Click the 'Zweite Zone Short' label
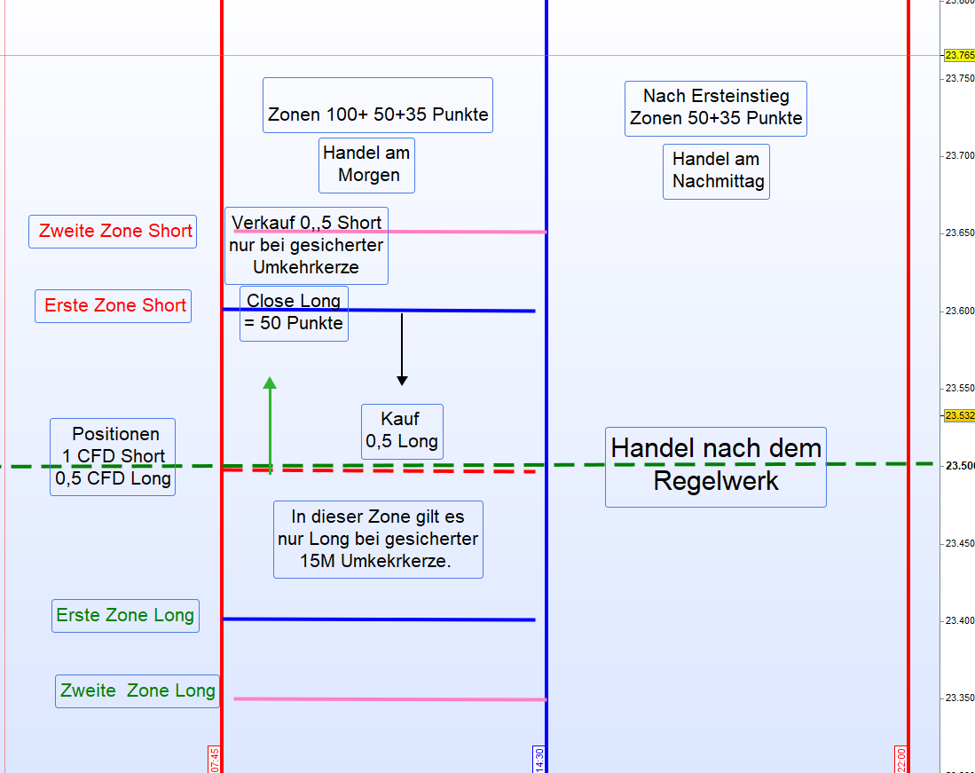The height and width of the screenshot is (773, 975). [x=113, y=232]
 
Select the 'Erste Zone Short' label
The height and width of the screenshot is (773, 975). [x=113, y=306]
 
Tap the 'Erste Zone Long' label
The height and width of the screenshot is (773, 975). [x=125, y=616]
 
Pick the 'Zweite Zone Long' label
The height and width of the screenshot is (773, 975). [x=138, y=691]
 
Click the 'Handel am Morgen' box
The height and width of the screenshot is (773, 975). [x=367, y=165]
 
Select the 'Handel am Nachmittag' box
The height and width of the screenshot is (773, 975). [x=716, y=171]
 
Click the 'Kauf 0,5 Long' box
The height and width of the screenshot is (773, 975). [x=402, y=431]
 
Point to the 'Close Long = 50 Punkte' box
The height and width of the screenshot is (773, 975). [x=294, y=313]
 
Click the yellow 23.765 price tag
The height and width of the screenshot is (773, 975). [x=959, y=55]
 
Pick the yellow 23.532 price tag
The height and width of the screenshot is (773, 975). [x=959, y=415]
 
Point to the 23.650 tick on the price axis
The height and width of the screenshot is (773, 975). [x=959, y=233]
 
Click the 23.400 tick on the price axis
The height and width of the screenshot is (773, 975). [x=959, y=620]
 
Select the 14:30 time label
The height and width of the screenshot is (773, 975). [x=539, y=759]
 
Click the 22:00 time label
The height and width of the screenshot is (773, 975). [x=901, y=759]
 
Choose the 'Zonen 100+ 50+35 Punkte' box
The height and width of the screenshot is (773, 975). [x=378, y=106]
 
